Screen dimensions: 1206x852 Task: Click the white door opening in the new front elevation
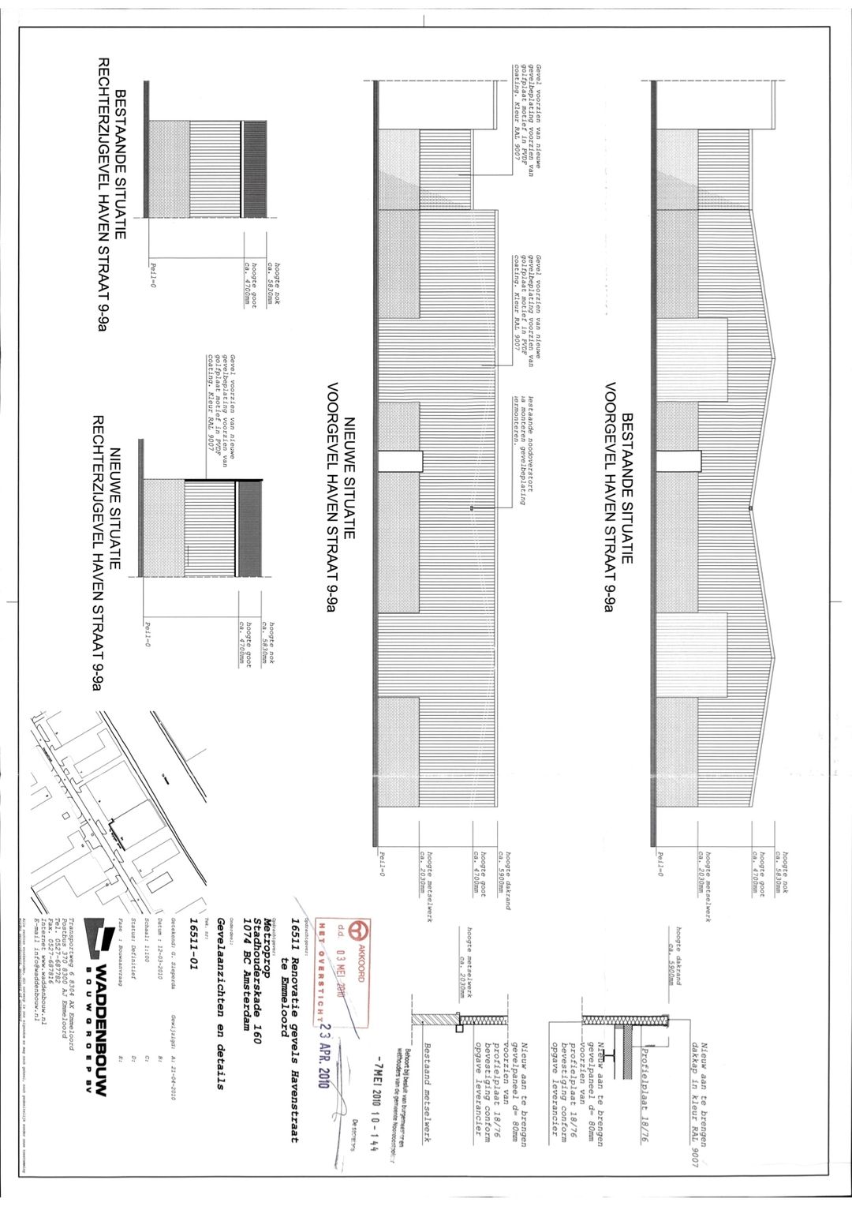click(x=400, y=461)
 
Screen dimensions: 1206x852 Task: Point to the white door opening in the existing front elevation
click(x=678, y=461)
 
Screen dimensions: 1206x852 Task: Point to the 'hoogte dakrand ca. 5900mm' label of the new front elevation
click(x=505, y=876)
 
